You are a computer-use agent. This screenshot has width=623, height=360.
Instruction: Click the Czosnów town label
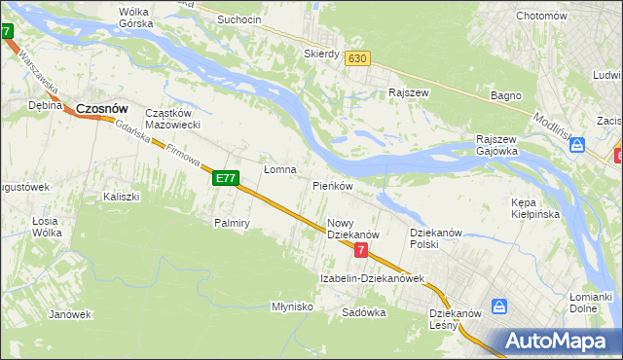[103, 109]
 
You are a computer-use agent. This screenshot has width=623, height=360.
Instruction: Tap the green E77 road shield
[226, 178]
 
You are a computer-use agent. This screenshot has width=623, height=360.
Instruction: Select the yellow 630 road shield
[357, 58]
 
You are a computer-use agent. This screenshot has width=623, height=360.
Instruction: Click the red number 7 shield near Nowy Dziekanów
[361, 251]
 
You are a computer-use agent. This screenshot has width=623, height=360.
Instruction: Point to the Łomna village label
[280, 168]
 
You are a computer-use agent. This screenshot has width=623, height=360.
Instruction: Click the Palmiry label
[233, 223]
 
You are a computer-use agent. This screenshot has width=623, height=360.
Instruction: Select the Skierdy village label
[321, 54]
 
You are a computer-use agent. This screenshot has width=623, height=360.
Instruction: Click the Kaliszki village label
[122, 197]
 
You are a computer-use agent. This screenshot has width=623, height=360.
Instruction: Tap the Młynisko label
[292, 306]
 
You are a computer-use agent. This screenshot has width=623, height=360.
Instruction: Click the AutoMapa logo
[553, 341]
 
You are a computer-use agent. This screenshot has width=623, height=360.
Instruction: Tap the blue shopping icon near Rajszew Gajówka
[577, 146]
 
